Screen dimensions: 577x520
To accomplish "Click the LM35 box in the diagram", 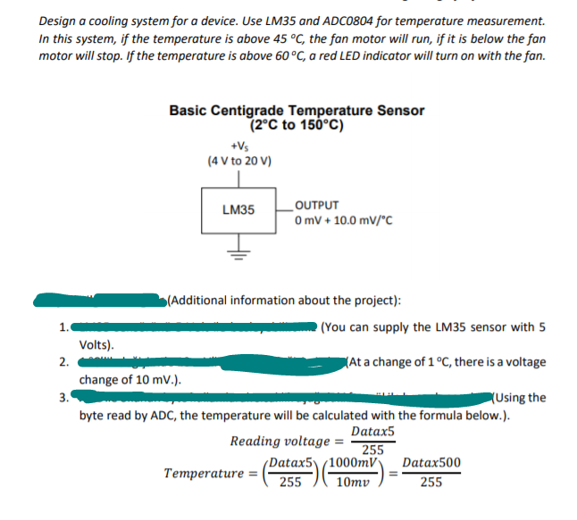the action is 238,210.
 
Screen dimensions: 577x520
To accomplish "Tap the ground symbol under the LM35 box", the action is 238,251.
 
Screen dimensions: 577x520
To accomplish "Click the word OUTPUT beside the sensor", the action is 317,204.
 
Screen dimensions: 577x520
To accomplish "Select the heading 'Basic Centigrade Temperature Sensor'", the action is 297,111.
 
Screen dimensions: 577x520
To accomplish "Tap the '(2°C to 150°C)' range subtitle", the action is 297,125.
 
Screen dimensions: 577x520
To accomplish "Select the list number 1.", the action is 62,326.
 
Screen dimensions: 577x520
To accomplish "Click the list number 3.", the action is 62,398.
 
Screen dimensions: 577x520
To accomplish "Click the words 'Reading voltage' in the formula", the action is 280,442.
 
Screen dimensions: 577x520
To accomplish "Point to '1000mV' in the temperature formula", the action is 349,464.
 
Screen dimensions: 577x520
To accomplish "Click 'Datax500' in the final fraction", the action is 432,464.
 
